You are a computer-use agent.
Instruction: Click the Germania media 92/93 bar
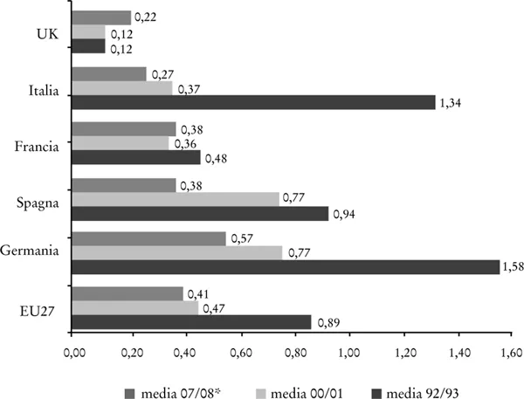286,267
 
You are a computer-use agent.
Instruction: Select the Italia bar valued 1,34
253,102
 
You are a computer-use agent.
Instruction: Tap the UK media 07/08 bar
101,18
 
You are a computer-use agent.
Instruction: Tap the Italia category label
44,86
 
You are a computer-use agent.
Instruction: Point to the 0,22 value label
145,17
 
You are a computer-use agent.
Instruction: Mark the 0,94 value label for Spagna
343,214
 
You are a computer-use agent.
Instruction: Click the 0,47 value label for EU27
213,308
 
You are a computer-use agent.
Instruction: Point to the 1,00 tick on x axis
349,354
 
